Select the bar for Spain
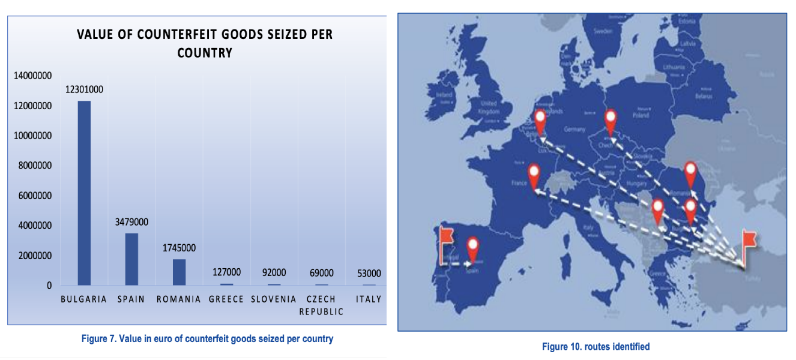(131, 259)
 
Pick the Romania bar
(179, 272)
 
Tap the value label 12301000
(84, 90)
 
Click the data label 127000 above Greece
(227, 272)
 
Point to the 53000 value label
(368, 274)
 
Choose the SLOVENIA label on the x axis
(274, 299)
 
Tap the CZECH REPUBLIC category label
(321, 305)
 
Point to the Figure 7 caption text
(207, 338)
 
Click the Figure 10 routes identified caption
(595, 346)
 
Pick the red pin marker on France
(534, 175)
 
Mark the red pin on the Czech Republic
(611, 121)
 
